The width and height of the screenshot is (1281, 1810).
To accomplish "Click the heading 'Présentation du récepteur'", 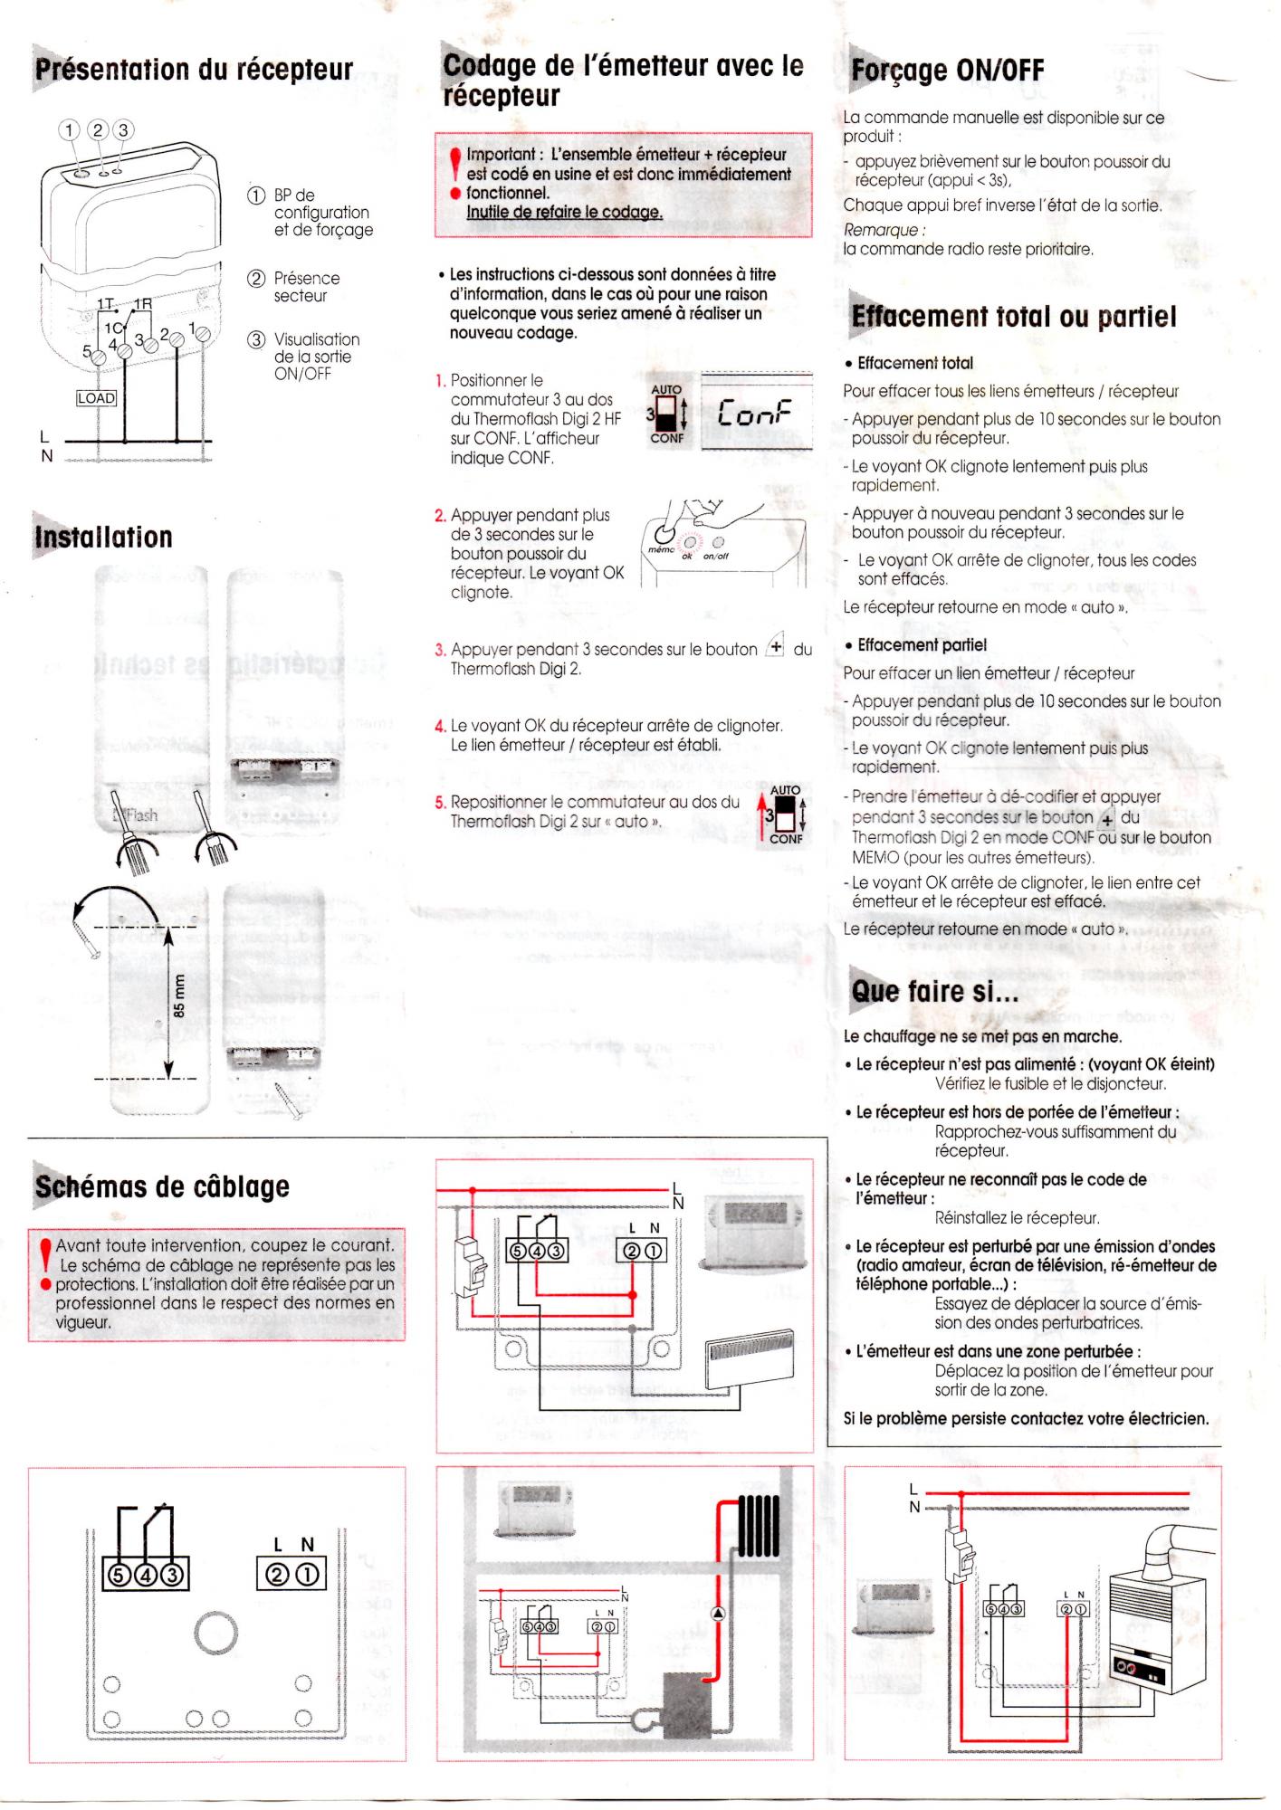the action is coord(194,69).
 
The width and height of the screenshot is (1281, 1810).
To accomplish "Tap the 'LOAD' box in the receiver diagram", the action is coord(96,398).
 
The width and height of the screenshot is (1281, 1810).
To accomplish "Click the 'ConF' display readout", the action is coord(754,413).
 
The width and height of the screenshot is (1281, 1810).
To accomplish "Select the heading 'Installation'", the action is coord(104,537).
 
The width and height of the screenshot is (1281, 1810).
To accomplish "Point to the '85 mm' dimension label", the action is coord(179,996).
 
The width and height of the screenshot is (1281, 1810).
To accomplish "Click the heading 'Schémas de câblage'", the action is coord(163,1186).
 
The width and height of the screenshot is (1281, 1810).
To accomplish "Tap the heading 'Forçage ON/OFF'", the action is coord(948,70).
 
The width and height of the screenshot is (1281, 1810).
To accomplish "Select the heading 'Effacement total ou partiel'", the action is coord(1014,317).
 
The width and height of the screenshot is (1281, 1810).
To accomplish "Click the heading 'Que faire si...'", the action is coord(935,991).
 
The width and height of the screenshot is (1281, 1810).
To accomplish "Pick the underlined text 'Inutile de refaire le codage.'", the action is coord(564,212).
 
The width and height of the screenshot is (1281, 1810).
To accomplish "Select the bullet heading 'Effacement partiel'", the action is coord(922,645).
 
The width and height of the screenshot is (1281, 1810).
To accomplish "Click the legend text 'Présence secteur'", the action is coord(307,287).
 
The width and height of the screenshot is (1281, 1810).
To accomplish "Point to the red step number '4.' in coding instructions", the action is coord(441,726).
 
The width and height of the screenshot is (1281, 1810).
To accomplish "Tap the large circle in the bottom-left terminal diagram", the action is coord(216,1633).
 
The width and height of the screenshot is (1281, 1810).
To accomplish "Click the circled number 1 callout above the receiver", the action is coord(70,129).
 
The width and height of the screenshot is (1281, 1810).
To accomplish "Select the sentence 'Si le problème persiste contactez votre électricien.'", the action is coord(1026,1418).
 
